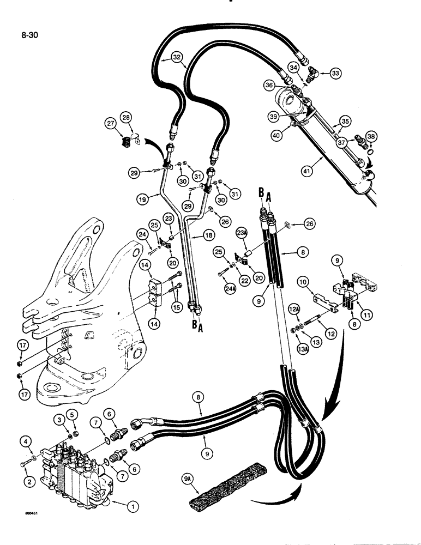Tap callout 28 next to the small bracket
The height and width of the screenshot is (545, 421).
(127, 119)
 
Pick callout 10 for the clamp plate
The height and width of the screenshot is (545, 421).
(303, 282)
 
